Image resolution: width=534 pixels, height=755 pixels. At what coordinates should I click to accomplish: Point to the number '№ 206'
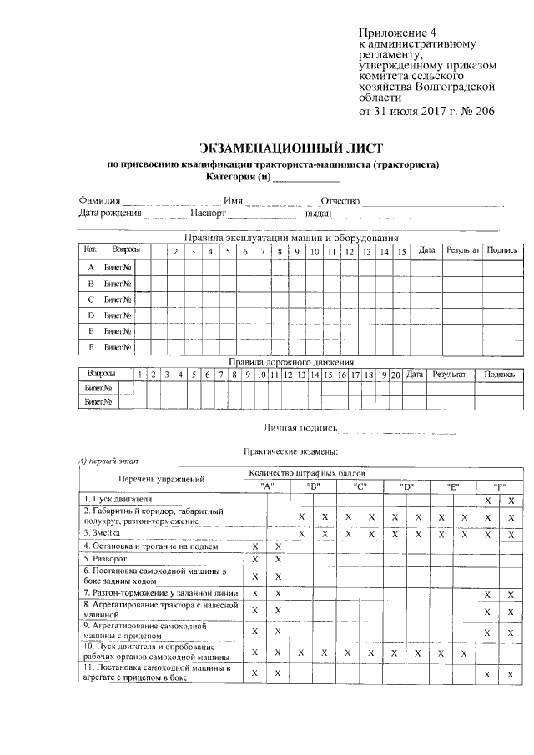click(x=476, y=110)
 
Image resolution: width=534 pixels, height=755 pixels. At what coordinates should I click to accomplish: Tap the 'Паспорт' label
click(x=209, y=214)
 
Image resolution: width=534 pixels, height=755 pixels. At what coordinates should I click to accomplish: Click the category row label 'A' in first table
click(x=91, y=268)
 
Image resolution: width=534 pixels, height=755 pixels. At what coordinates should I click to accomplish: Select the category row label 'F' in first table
click(x=91, y=346)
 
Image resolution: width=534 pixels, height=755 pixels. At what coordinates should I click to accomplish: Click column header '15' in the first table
click(x=401, y=250)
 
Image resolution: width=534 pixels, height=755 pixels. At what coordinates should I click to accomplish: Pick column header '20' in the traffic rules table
click(x=395, y=375)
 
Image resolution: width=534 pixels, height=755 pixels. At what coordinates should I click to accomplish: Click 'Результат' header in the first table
click(x=462, y=250)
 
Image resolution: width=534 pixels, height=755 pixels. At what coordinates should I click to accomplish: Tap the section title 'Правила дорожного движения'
click(x=291, y=363)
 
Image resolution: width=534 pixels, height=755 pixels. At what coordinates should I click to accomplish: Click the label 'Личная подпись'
click(x=300, y=428)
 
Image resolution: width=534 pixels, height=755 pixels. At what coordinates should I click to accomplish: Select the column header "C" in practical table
click(x=360, y=486)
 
